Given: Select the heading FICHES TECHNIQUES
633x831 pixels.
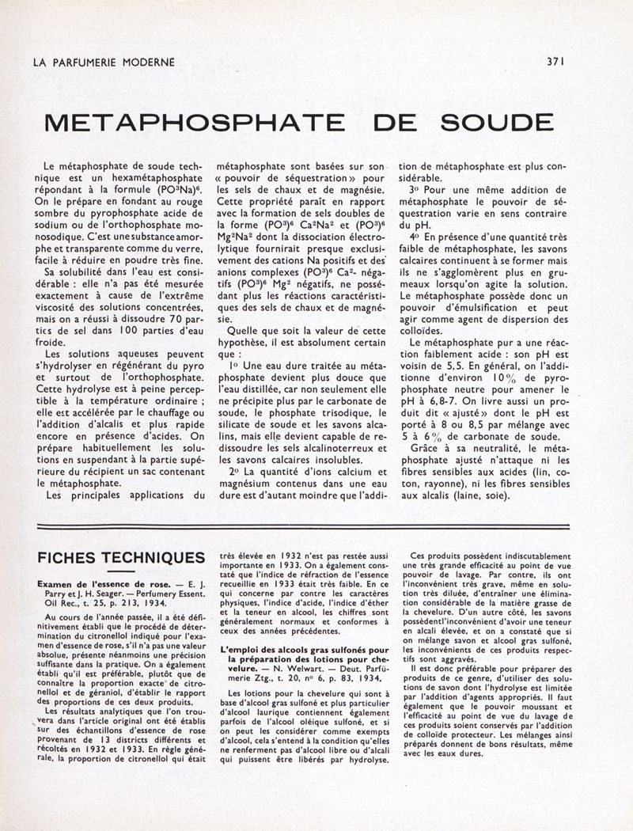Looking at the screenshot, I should (121, 558).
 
